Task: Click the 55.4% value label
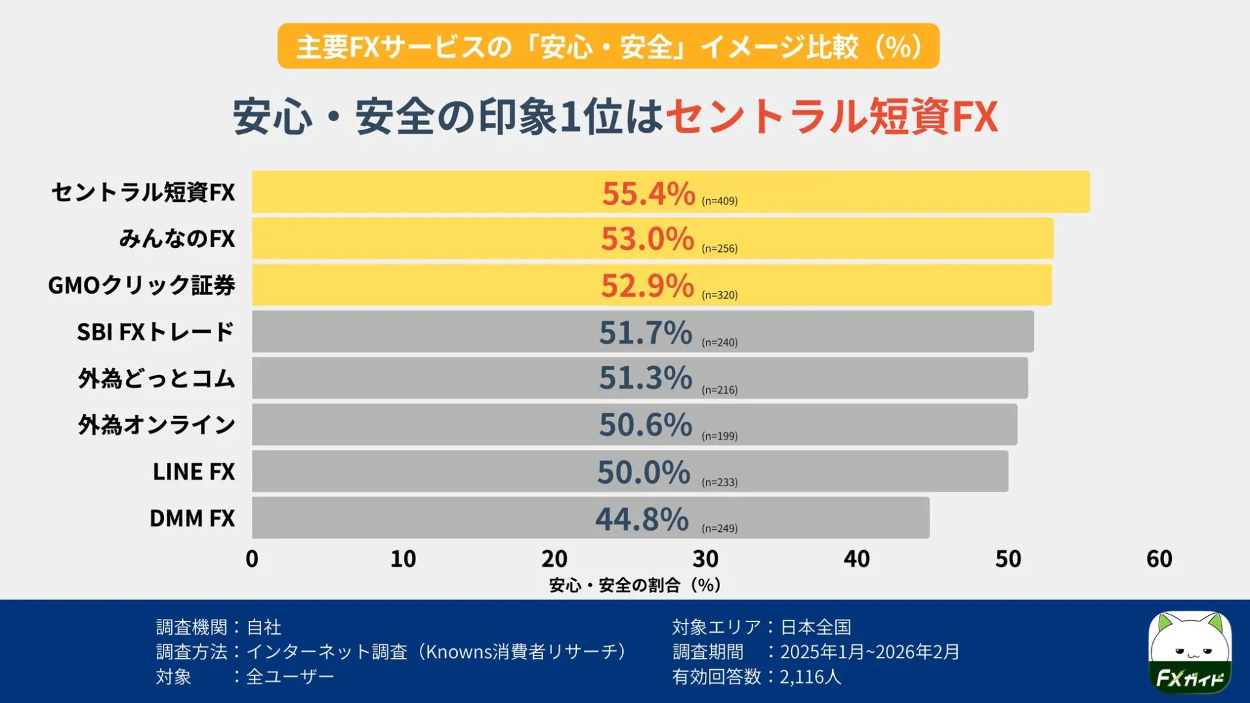click(x=648, y=193)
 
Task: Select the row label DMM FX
click(x=192, y=518)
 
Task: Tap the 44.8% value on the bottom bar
click(x=642, y=519)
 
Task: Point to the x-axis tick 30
click(x=705, y=559)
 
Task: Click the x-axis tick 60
click(x=1159, y=559)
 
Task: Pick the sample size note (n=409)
click(x=719, y=201)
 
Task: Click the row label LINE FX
click(x=193, y=472)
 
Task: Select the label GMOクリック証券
click(x=141, y=285)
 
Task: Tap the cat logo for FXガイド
click(x=1189, y=652)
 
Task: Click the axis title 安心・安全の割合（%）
click(x=635, y=585)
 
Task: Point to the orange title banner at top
click(x=608, y=46)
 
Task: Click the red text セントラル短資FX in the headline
click(x=831, y=117)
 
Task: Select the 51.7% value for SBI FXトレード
click(x=645, y=333)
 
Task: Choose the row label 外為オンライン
click(x=156, y=425)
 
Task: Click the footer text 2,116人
click(x=811, y=677)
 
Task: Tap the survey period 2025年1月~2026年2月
click(x=870, y=652)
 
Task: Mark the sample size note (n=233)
click(x=719, y=482)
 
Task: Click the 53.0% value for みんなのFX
click(x=647, y=239)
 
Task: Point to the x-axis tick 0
click(x=252, y=559)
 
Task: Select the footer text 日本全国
click(x=816, y=627)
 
